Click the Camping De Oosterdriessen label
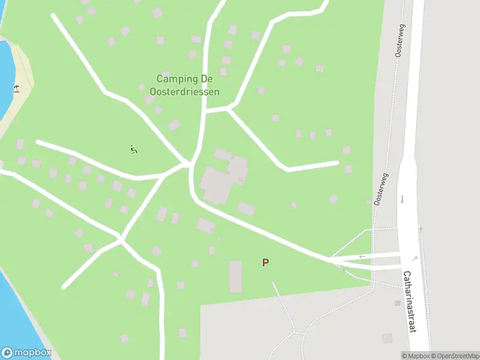tap(188, 85)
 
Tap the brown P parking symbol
tap(265, 262)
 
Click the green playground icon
tap(133, 149)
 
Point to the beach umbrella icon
tap(16, 89)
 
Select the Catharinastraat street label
tap(409, 302)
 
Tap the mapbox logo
tap(26, 353)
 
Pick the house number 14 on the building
tap(240, 179)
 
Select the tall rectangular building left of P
tap(235, 276)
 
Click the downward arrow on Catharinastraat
tap(402, 199)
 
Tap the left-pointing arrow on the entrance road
tap(362, 257)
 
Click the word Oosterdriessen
tap(188, 92)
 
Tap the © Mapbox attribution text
tap(415, 356)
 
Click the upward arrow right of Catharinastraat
tap(421, 230)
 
